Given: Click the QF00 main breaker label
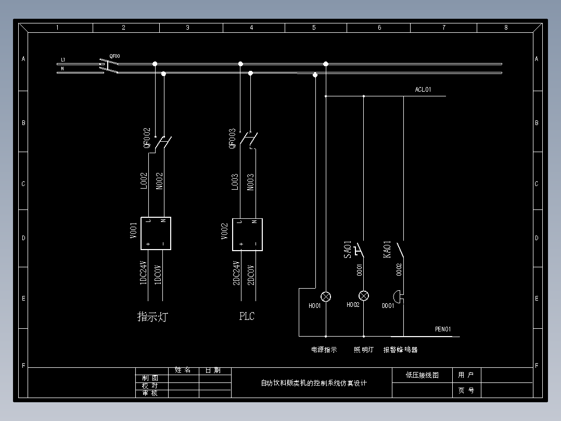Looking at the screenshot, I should (114, 56).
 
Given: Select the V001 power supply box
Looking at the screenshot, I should (156, 233).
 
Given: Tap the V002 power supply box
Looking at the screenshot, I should (247, 234).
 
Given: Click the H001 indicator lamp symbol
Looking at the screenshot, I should (326, 296).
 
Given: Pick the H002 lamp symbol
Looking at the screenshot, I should (364, 296).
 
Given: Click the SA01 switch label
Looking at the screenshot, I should (348, 250).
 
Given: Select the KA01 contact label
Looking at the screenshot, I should (387, 250).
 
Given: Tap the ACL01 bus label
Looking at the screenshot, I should (423, 90).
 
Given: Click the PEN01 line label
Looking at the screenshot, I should (443, 329).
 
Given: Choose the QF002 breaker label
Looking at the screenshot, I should (147, 139).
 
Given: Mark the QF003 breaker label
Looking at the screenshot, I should (233, 139).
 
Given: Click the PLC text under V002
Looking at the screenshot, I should (247, 316).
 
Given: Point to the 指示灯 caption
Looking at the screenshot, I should (152, 316).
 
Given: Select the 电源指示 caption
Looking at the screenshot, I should (324, 350).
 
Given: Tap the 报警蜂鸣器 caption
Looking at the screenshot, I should (401, 350).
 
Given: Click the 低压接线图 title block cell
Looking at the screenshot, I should (422, 375).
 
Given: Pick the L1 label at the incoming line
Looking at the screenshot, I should (63, 59).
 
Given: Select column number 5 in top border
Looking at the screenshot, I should (314, 28).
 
